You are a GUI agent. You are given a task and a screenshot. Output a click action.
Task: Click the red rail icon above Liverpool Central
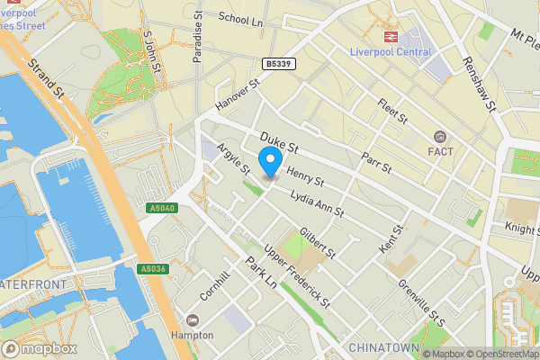click(391, 36)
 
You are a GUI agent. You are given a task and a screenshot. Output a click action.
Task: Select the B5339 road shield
click(279, 64)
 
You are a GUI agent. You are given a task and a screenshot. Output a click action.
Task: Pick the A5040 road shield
click(159, 208)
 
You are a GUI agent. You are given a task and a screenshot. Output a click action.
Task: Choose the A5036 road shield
click(152, 268)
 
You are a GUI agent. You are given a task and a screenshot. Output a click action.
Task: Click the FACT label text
click(440, 151)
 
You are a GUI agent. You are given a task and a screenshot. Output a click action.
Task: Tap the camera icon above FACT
click(440, 137)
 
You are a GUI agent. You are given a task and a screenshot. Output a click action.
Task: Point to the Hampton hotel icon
click(193, 320)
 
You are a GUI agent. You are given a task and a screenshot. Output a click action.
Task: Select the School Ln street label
click(240, 19)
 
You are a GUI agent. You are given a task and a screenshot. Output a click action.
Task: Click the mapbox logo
click(39, 348)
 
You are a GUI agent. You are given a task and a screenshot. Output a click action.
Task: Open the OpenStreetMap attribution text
click(501, 353)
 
